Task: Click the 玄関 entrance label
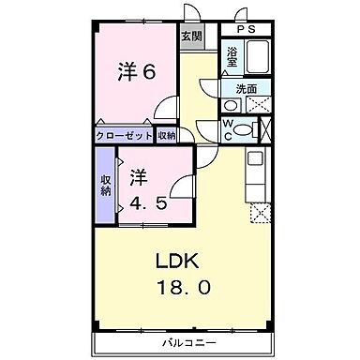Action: coord(191,37)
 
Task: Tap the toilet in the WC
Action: coord(245,130)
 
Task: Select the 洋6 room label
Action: coord(135,71)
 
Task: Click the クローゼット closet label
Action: coord(125,135)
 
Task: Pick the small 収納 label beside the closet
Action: coord(166,135)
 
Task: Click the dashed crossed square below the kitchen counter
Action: coord(259,214)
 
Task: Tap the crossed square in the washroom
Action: coord(259,104)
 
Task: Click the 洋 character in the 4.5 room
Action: coord(138,175)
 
